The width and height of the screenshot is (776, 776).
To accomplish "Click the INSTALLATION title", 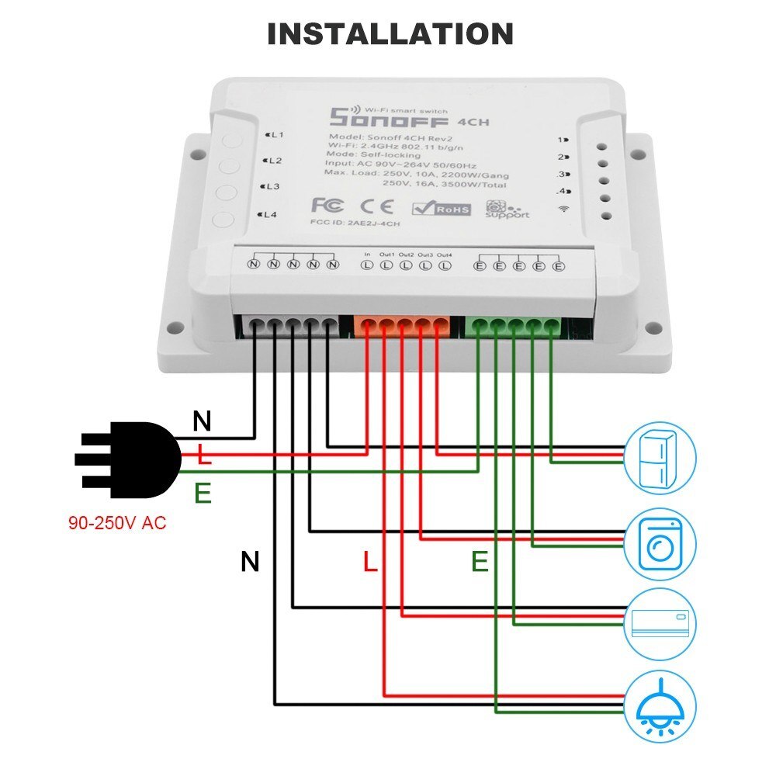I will [x=390, y=34].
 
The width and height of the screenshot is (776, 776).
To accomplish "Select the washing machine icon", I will [x=660, y=543].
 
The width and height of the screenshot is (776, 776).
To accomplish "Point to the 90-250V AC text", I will [x=116, y=523].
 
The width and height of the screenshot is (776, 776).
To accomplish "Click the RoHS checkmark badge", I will [x=441, y=207].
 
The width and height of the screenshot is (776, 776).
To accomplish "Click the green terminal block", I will [x=514, y=326].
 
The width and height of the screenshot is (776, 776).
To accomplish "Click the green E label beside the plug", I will [x=203, y=494].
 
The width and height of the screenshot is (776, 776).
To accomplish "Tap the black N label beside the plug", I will [x=202, y=421].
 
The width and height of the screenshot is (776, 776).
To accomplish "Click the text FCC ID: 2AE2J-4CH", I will [x=355, y=226].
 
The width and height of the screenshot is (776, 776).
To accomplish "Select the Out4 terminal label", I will [x=444, y=255].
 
